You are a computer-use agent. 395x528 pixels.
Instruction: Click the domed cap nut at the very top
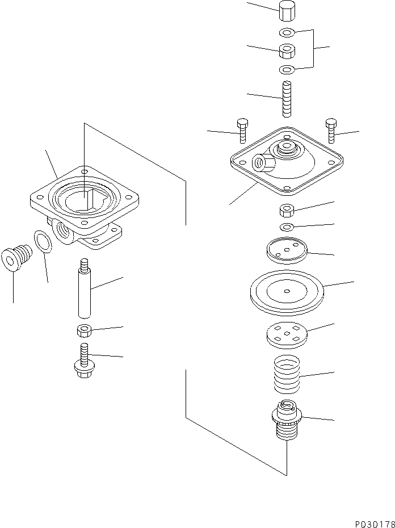coord(287,10)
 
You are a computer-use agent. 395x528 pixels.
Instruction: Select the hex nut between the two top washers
coord(287,51)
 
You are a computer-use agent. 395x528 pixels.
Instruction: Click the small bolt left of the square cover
coord(242,131)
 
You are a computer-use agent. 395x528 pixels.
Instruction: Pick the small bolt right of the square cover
coord(331,131)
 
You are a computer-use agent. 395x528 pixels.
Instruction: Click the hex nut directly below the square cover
coord(287,211)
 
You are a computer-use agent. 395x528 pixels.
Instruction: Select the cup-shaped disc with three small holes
coord(286,250)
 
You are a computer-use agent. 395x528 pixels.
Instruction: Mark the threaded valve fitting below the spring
coord(287,424)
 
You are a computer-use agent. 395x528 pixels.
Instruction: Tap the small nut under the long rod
coord(85,330)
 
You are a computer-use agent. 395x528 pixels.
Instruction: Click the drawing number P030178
coord(368,520)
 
